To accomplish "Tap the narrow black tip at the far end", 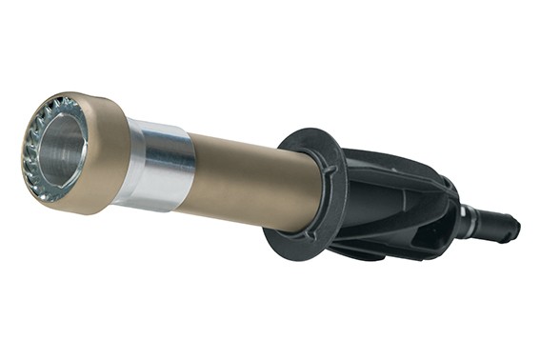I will tap(495, 227).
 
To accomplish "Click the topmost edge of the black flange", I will tap(314, 130).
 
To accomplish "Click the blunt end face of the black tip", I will tap(517, 227).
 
